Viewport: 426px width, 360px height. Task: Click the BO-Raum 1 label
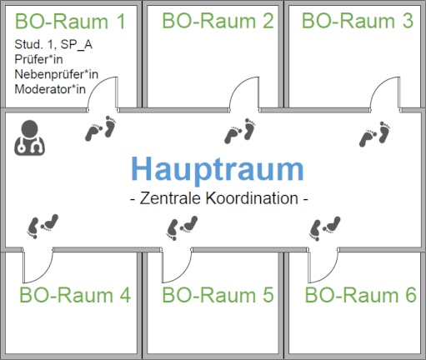pos(70,21)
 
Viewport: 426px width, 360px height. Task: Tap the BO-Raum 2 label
pos(218,21)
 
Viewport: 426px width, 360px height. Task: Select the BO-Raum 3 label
pos(358,21)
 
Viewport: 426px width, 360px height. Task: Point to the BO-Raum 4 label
pos(75,295)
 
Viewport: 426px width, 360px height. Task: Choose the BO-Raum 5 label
pos(218,295)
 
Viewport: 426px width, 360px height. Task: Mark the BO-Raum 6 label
pos(361,295)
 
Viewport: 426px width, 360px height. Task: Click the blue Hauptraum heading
pos(218,170)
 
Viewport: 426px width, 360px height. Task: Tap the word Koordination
pos(252,198)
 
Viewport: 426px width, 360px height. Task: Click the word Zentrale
pos(170,198)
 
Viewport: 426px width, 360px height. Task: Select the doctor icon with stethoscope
pos(29,137)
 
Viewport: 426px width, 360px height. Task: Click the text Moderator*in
pos(50,89)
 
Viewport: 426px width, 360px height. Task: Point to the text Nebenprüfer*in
pos(57,74)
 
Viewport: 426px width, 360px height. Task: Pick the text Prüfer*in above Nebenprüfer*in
pos(38,59)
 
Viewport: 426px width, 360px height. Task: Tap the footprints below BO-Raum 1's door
pos(101,128)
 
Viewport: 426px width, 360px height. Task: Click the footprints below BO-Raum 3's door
pos(375,134)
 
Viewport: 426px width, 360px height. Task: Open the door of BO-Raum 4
pos(38,265)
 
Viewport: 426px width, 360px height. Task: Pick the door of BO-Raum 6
pos(323,265)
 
